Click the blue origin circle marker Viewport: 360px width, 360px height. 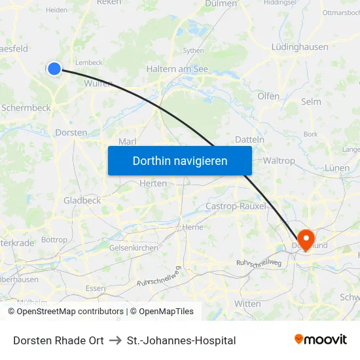pos(54,68)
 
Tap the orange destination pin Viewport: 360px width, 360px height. pos(306,238)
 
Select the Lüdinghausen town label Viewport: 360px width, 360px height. pos(300,47)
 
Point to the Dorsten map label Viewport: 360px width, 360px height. pos(71,132)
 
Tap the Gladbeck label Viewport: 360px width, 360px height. pos(82,200)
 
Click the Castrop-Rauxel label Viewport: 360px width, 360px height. pos(237,206)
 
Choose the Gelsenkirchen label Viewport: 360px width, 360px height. pos(134,248)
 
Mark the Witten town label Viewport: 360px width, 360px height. pos(247,304)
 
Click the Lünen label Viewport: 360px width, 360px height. pos(337,168)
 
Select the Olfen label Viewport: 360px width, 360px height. pos(268,96)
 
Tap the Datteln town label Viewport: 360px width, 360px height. pos(249,139)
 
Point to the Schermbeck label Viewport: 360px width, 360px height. pos(26,107)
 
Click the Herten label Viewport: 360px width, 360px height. pos(154,184)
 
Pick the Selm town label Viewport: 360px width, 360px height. pos(311,101)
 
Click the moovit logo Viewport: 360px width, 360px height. pos(321,339)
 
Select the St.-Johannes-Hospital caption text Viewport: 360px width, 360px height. pos(181,340)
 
